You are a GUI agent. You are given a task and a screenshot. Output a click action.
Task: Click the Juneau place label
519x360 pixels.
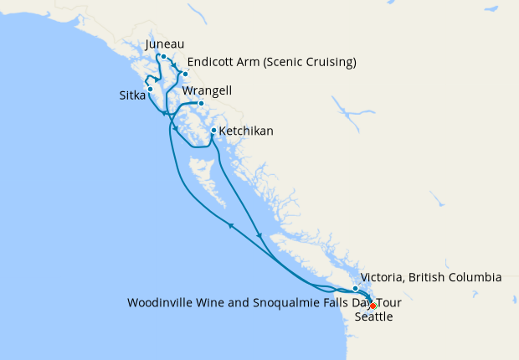pos(164,44)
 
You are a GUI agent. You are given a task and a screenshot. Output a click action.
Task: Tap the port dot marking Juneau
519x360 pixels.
pos(164,58)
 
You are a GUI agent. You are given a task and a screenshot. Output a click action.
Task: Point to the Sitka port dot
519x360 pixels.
pos(150,89)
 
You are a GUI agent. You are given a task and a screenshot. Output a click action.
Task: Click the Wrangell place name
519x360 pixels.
pos(207,90)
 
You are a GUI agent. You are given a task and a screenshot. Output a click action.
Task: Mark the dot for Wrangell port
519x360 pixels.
pos(201,104)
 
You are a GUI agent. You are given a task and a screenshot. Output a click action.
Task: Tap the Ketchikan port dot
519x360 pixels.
pos(213,131)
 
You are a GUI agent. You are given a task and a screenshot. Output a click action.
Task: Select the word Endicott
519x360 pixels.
pos(213,63)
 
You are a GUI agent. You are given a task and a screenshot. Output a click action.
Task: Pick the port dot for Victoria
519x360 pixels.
pos(355,289)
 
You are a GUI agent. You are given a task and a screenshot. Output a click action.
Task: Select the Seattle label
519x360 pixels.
pos(373,317)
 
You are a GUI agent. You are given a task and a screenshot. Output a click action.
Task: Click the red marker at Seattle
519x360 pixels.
pos(373,306)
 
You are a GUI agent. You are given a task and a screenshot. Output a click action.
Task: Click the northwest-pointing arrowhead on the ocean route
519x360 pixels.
pos(229,224)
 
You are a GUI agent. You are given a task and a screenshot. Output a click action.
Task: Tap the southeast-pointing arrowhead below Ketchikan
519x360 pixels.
pos(261,235)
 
